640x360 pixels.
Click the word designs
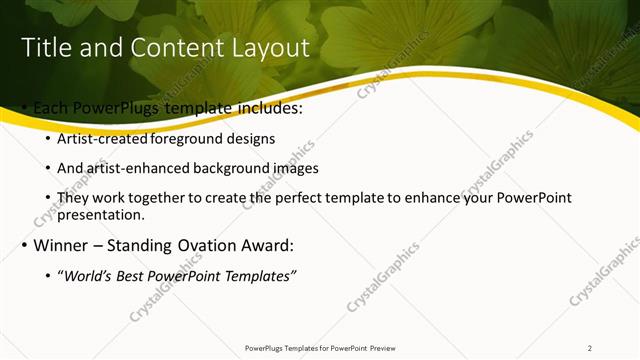[x=250, y=138]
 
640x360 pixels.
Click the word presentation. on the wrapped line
[x=103, y=214]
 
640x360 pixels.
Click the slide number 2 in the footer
[x=590, y=348]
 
